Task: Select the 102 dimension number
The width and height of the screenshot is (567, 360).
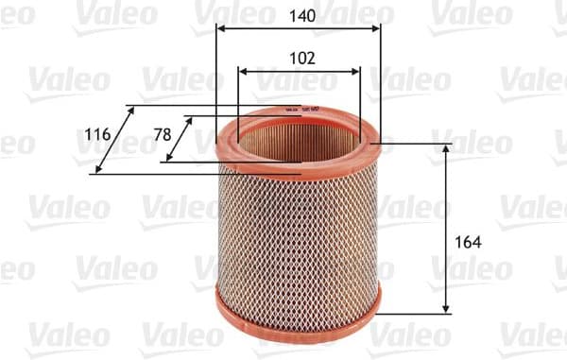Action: (301, 57)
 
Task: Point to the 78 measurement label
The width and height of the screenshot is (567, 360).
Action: (163, 135)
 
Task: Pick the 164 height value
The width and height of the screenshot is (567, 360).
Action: (468, 242)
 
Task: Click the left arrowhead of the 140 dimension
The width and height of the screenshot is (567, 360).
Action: (220, 29)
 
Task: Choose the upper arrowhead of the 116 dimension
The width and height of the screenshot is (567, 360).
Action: (131, 110)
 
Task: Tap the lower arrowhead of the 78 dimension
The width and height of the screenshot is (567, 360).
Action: (168, 158)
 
